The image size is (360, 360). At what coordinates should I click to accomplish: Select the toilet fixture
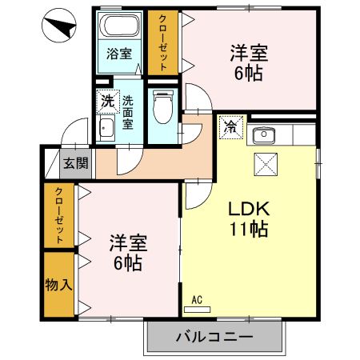162,106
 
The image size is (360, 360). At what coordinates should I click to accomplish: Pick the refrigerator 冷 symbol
230,126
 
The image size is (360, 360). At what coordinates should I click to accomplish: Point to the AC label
197,301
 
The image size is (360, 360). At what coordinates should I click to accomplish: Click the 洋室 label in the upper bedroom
249,54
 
